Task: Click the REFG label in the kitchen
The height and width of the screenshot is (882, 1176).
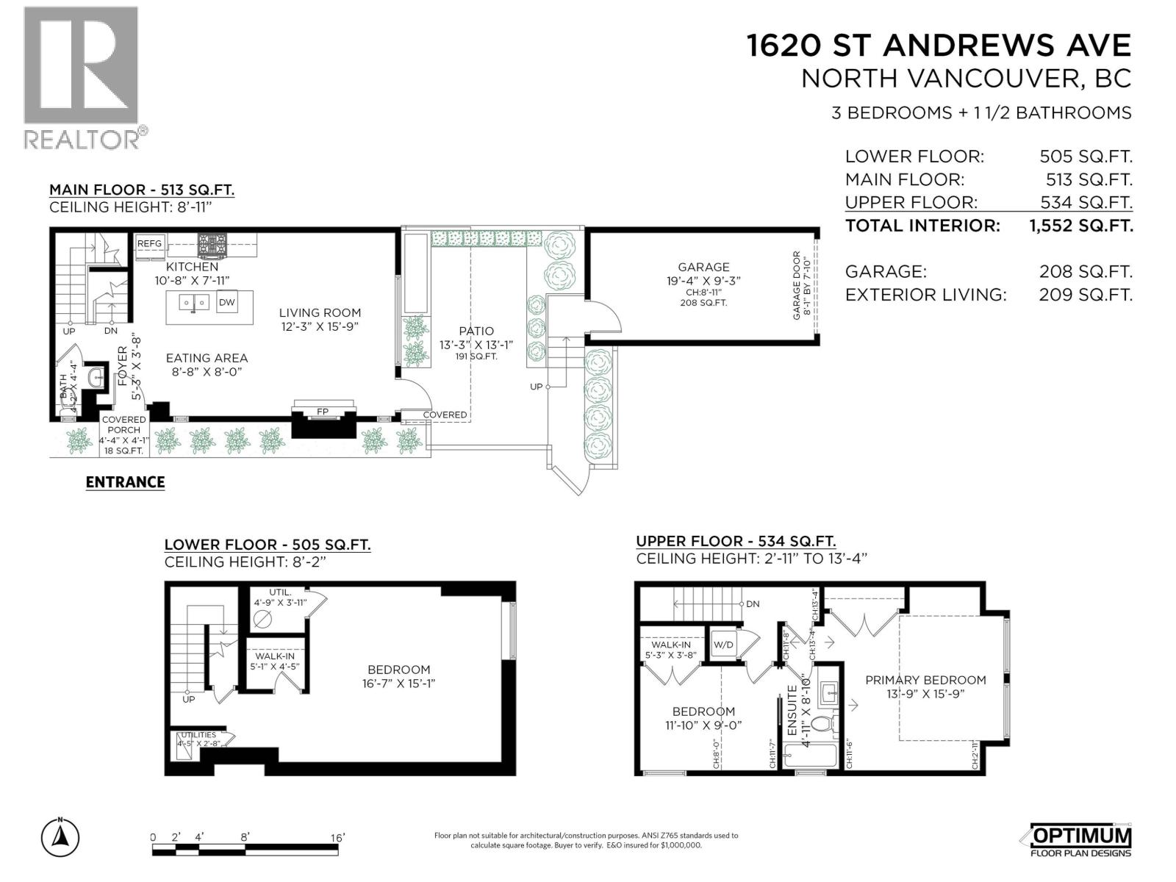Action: pos(149,244)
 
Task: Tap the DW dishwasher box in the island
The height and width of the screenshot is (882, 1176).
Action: pos(227,302)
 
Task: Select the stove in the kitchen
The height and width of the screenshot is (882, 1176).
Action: pos(212,244)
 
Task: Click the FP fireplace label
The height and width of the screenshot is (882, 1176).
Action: pos(322,412)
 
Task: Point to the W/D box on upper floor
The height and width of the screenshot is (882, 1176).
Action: pos(723,645)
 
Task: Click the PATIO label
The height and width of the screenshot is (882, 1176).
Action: pos(477,331)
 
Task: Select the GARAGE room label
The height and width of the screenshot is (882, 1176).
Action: pos(703,268)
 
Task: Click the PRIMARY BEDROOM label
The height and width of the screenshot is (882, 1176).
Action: pos(925,680)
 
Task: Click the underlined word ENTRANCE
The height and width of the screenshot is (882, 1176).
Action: pos(125,482)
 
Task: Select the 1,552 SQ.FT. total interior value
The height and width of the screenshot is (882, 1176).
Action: pos(1080,226)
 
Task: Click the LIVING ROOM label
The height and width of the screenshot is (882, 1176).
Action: pos(320,313)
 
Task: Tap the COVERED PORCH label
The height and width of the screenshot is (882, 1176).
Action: pos(123,425)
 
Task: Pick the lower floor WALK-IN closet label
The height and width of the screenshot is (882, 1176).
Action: pos(275,656)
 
